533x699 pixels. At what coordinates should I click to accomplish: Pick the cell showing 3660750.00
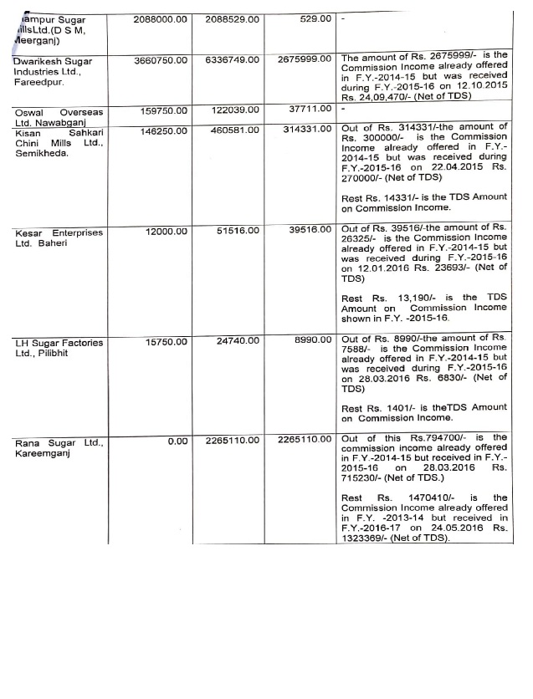coord(159,60)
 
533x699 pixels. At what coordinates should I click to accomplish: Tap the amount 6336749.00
coord(231,60)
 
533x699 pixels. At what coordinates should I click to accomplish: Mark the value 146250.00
coord(162,130)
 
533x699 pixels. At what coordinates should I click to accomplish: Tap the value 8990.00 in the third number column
coord(314,341)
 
